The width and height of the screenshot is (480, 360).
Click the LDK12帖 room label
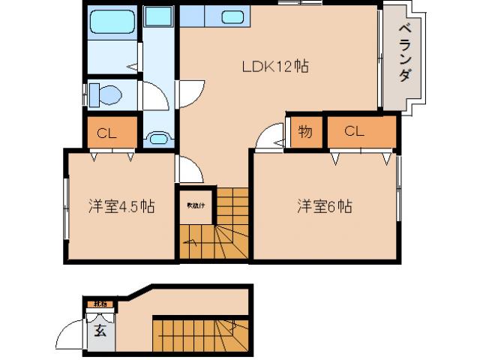276,67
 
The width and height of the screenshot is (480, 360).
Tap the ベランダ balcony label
406,55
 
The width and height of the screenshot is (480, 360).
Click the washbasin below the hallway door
158,138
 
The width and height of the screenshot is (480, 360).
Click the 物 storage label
305,132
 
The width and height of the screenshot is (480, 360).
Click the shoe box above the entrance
98,304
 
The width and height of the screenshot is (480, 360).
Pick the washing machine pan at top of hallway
158,18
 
